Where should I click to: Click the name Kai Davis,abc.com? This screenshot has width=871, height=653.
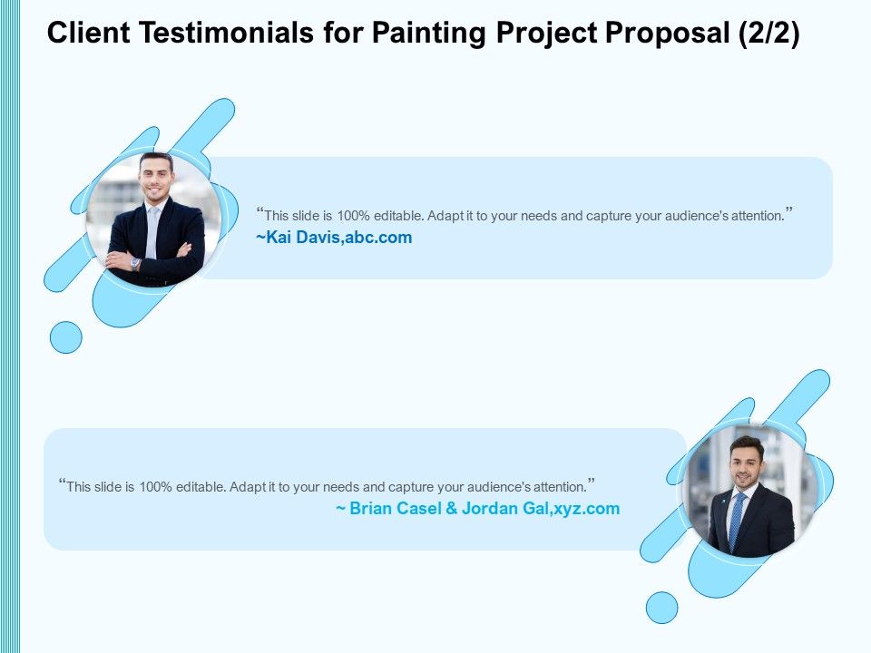(334, 238)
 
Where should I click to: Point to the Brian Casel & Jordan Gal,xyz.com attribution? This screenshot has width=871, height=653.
(478, 509)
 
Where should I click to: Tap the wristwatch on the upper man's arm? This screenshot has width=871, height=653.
(135, 264)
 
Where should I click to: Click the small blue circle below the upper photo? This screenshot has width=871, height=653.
(65, 337)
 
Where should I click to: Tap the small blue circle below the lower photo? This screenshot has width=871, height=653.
(661, 608)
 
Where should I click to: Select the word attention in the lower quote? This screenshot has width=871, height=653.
(558, 486)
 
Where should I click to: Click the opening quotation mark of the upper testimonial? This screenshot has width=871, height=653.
(259, 212)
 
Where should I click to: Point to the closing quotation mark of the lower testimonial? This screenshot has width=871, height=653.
(592, 482)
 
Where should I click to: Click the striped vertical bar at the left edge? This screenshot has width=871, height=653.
(10, 326)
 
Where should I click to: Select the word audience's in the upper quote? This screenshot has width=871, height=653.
(699, 216)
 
